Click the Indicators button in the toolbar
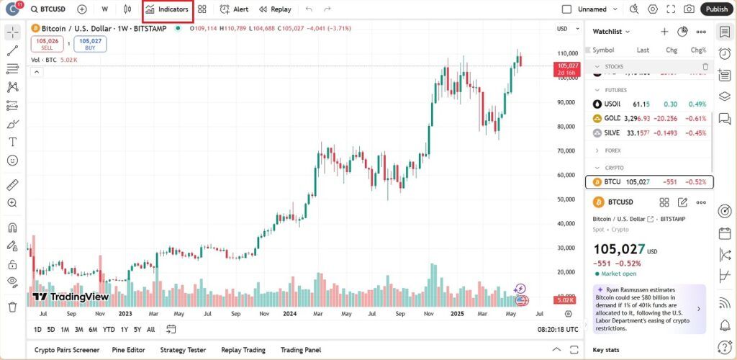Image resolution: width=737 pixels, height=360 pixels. tap(168, 9)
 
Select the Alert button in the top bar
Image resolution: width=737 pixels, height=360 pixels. tap(235, 9)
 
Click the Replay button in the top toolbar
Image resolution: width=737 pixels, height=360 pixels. tap(275, 9)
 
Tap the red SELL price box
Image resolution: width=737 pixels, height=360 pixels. tap(47, 44)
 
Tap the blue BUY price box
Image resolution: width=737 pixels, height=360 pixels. tap(90, 44)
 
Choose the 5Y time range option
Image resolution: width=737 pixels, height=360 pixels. tap(137, 329)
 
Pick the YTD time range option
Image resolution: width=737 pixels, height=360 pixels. tap(109, 329)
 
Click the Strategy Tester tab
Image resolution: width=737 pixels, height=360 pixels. tap(183, 350)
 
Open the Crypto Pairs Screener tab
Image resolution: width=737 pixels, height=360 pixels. tap(67, 350)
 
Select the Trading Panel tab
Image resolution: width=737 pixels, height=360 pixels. tap(301, 350)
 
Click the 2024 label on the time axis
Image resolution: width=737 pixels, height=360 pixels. tap(290, 314)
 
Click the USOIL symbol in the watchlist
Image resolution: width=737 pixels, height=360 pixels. tap(612, 104)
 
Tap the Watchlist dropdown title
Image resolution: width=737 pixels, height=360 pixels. tap(611, 32)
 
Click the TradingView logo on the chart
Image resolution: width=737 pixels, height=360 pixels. tap(71, 297)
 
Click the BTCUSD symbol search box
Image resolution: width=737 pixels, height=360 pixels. tap(48, 9)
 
